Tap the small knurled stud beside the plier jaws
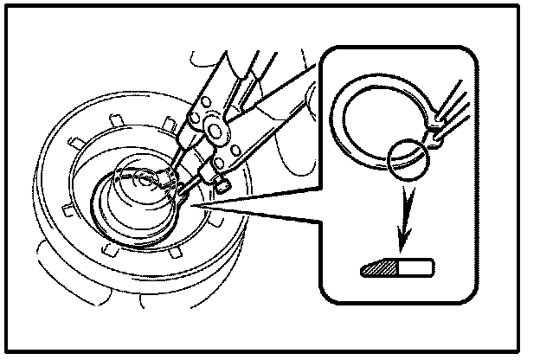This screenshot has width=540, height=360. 222,182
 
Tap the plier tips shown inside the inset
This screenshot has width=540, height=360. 450,117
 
